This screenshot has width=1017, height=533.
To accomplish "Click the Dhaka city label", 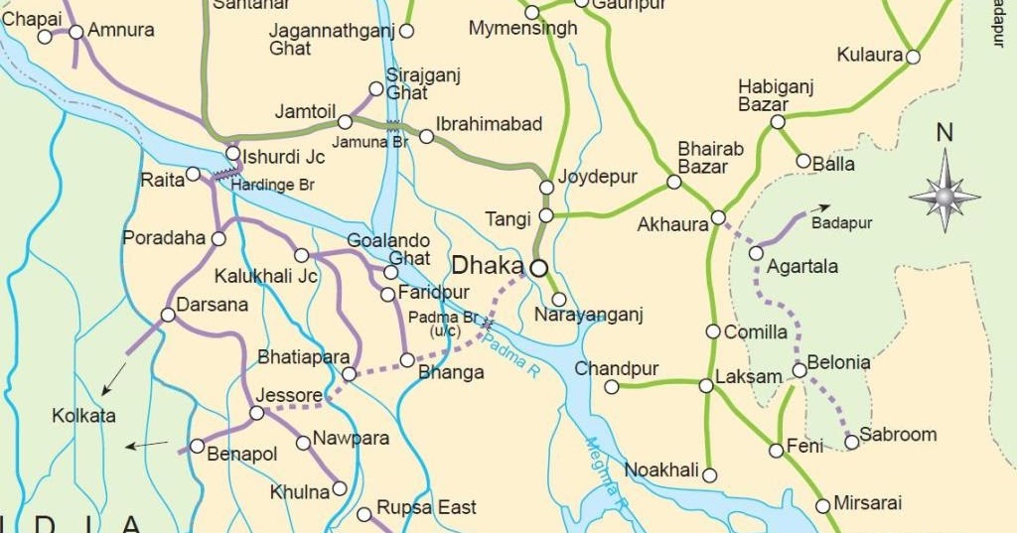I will pos(487,266).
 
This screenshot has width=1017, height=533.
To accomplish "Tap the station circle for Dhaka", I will pos(538,267).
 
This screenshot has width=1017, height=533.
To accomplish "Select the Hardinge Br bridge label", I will pos(272,185).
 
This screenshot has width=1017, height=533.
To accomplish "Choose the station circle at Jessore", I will pos(256,413).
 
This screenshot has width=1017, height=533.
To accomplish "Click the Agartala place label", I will pos(803,266).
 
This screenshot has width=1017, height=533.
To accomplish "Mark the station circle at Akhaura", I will pos(718,217).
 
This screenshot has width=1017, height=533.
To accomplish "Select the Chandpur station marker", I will pos(612,387).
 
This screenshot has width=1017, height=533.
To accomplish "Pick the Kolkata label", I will pos(84,416).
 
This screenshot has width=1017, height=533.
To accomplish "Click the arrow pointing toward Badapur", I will pos(818,208).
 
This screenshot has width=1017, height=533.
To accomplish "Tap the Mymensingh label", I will pos(522,29).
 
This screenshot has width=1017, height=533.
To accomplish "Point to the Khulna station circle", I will pos(340,487).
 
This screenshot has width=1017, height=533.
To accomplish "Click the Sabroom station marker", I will pos(851,442).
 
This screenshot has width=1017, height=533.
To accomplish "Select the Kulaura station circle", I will pos(913,57).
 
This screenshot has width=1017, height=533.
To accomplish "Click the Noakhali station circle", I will pos(709,475).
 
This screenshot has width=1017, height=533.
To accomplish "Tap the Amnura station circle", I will pos(76,32).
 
